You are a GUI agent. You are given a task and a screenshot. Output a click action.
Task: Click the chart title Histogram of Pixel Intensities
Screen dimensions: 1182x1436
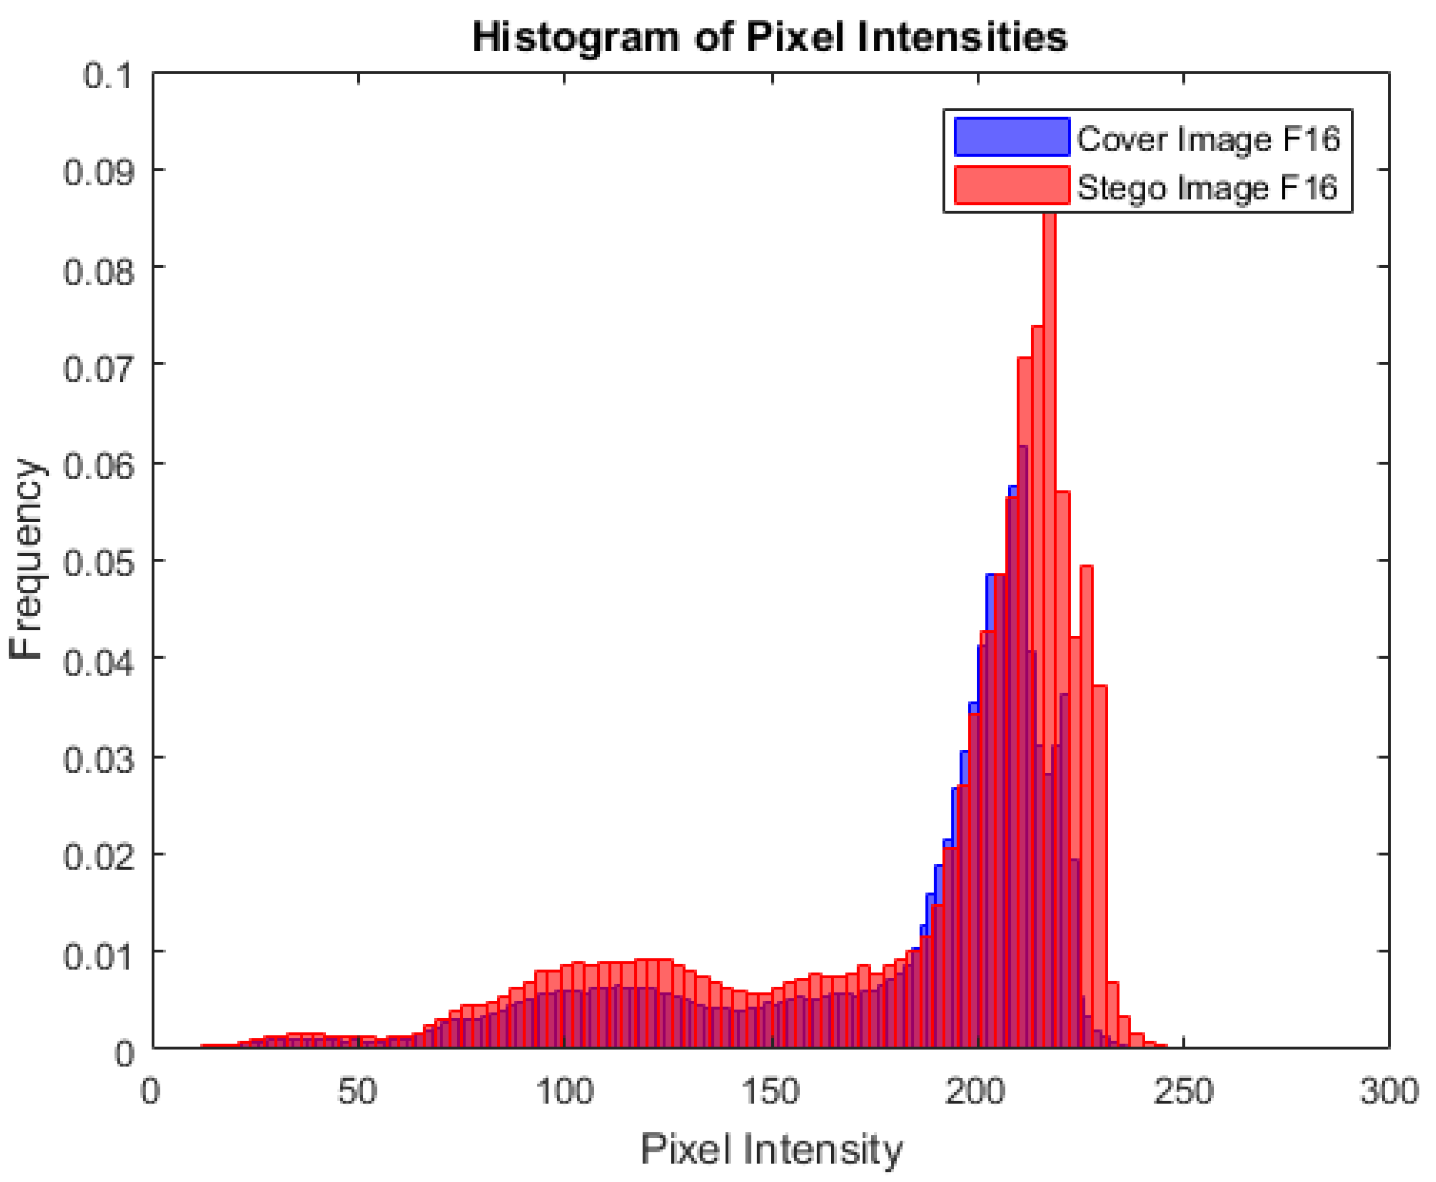click(x=769, y=37)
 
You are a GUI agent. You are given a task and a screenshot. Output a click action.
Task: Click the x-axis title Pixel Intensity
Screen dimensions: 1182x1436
click(x=771, y=1150)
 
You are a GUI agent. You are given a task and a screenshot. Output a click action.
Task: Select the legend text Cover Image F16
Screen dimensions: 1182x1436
click(x=1208, y=139)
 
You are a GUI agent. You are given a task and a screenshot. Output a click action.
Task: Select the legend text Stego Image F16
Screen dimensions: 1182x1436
click(x=1207, y=187)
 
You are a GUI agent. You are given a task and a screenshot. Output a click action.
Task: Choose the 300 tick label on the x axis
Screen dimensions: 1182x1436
click(x=1389, y=1091)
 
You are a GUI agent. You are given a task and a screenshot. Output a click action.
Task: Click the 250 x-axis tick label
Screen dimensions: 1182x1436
click(x=1184, y=1091)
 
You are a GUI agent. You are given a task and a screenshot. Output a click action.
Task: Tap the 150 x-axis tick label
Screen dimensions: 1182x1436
click(x=771, y=1091)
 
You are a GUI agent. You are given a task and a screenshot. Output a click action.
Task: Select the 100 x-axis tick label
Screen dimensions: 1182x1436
click(x=565, y=1091)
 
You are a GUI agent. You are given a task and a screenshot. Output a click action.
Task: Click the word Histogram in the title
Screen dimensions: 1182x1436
click(x=575, y=37)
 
